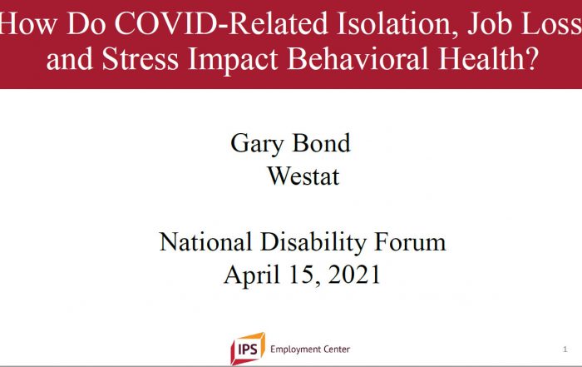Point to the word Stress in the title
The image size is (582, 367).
(140, 59)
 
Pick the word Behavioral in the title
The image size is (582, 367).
(358, 59)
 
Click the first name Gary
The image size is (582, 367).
(257, 144)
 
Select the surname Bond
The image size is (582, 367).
(322, 142)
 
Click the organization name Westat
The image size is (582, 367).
(303, 176)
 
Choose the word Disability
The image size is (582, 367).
(313, 243)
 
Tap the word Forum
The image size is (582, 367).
(410, 242)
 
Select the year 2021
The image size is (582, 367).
(354, 275)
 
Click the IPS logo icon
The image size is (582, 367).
(248, 349)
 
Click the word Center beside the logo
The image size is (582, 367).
(337, 350)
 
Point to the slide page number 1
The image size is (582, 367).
(565, 350)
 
